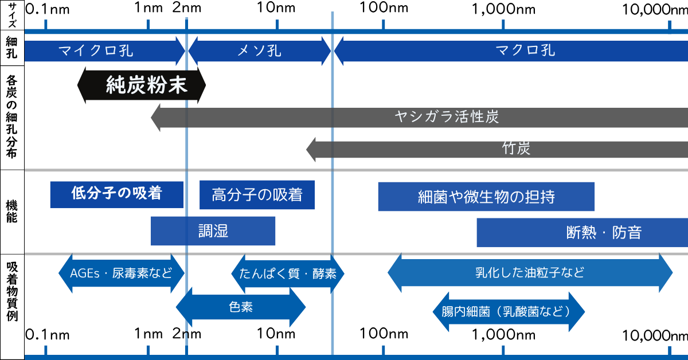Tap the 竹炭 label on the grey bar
(516, 149)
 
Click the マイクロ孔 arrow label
(96, 51)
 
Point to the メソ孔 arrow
(259, 51)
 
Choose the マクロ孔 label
(525, 51)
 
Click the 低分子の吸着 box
(116, 194)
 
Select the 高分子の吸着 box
(257, 195)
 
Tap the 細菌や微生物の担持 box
(486, 197)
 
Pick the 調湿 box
(213, 231)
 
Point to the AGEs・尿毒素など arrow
(121, 273)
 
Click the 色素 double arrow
(241, 307)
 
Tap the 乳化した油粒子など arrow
(530, 273)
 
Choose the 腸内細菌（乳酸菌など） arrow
(509, 312)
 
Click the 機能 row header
(12, 212)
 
